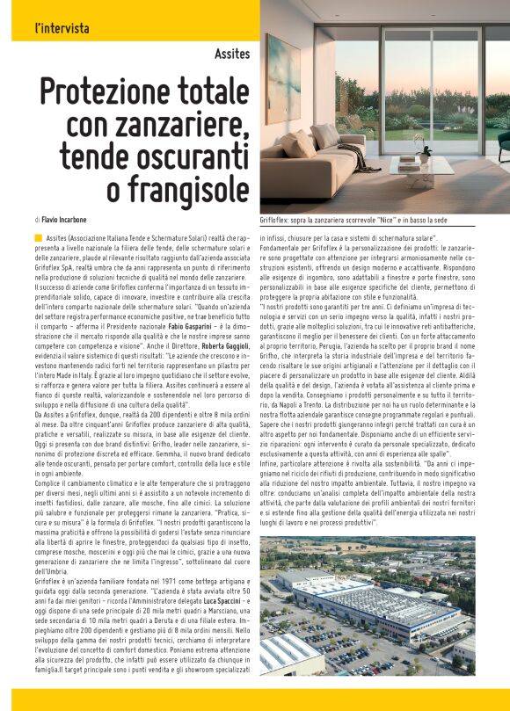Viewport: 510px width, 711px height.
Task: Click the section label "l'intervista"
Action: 62,28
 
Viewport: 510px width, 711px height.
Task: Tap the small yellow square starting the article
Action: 39,238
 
